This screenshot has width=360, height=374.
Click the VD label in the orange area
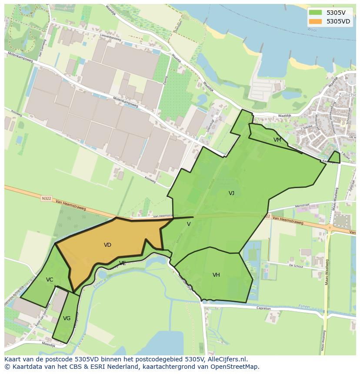click(x=107, y=245)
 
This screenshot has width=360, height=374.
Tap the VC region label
click(x=50, y=280)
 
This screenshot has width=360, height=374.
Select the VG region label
click(x=67, y=318)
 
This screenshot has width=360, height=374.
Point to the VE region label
click(x=123, y=263)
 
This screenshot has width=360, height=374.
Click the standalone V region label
click(x=189, y=224)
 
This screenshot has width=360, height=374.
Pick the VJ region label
click(x=231, y=193)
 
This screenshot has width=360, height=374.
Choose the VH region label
click(x=216, y=275)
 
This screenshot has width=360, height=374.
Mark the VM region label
click(x=277, y=140)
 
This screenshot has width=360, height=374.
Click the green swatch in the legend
click(x=316, y=12)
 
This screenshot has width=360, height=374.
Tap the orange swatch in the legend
click(x=316, y=21)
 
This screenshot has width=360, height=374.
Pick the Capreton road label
click(x=263, y=308)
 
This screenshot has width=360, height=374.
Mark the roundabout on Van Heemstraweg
click(x=330, y=227)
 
